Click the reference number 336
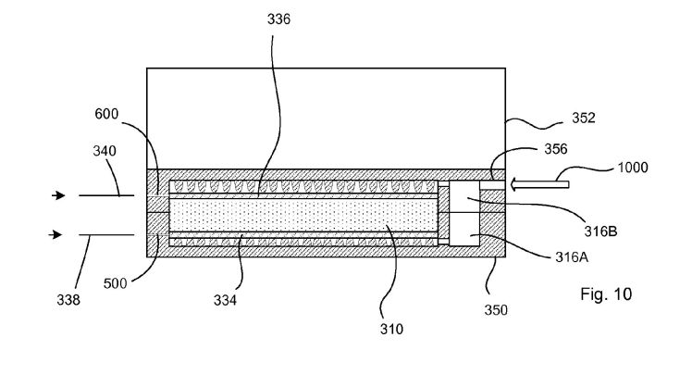pyautogui.click(x=278, y=19)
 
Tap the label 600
pyautogui.click(x=106, y=114)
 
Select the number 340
pyautogui.click(x=105, y=151)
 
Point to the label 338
pyautogui.click(x=68, y=300)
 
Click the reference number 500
pyautogui.click(x=116, y=283)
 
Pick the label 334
pyautogui.click(x=225, y=300)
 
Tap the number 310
pyautogui.click(x=391, y=329)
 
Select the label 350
pyautogui.click(x=496, y=310)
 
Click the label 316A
pyautogui.click(x=572, y=257)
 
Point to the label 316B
pyautogui.click(x=600, y=231)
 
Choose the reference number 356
pyautogui.click(x=556, y=149)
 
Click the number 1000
pyautogui.click(x=633, y=168)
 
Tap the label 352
pyautogui.click(x=584, y=118)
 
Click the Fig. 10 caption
pyautogui.click(x=606, y=294)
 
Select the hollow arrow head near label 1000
pyautogui.click(x=514, y=184)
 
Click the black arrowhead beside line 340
pyautogui.click(x=58, y=195)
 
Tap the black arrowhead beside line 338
pyautogui.click(x=56, y=234)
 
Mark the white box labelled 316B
pyautogui.click(x=464, y=196)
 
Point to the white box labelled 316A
pyautogui.click(x=464, y=230)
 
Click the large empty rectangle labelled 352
pyautogui.click(x=327, y=119)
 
